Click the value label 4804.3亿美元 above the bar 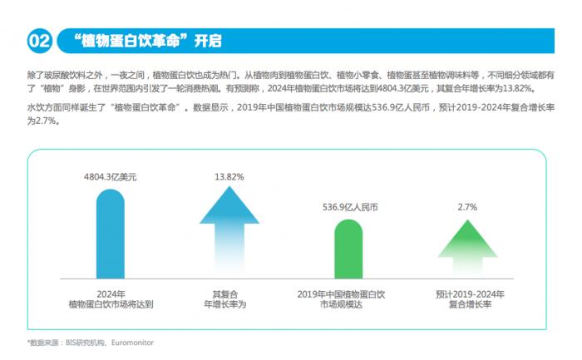(x=110, y=177)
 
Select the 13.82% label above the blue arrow (x=229, y=177)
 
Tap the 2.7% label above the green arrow (x=467, y=207)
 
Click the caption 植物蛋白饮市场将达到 (x=111, y=305)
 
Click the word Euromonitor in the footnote (x=132, y=342)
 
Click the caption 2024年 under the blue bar (x=110, y=293)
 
